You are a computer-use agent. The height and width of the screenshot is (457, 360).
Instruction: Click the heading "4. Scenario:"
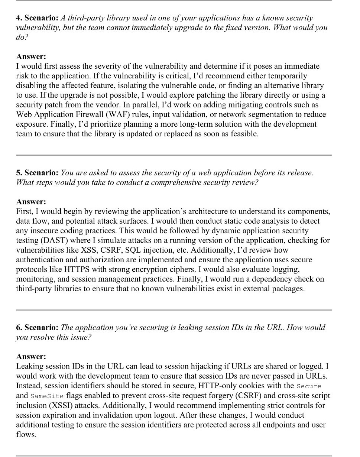37,18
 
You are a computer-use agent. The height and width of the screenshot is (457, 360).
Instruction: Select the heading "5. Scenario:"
37,173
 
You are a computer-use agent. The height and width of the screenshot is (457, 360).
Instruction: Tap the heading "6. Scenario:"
37,327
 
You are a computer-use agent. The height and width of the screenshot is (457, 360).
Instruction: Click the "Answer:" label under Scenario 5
31,202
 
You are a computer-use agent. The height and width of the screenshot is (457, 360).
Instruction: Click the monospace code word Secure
309,386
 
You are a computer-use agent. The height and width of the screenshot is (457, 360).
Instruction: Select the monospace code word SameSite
47,396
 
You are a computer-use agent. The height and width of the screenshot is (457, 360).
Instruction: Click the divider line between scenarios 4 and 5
174,155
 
